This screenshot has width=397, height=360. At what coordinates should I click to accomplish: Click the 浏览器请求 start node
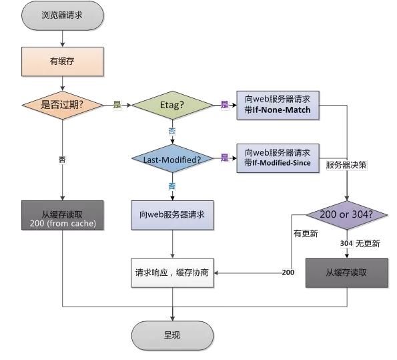coord(63,15)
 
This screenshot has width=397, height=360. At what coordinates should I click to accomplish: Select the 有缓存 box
coord(63,61)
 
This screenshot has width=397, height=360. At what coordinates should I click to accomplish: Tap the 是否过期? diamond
coord(63,105)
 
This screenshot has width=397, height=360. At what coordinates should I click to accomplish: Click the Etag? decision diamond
coord(172,105)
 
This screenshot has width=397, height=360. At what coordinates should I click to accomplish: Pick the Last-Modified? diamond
coord(172,159)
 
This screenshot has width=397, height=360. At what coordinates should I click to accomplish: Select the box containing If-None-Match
coord(278,106)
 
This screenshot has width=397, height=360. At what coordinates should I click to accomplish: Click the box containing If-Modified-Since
coord(278,158)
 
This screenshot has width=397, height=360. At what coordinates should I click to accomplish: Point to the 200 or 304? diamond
coord(347,215)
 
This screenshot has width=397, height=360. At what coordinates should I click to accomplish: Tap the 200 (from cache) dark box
coord(63,216)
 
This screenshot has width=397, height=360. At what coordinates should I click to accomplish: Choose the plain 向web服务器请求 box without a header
coord(172,216)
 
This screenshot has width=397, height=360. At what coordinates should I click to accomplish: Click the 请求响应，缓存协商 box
coord(172,273)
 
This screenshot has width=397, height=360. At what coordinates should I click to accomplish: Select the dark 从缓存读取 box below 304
coord(347,273)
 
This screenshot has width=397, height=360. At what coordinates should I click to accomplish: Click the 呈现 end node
coord(172,336)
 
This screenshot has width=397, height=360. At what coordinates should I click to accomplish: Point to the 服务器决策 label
coord(346,165)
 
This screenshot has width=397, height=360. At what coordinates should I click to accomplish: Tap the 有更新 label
coord(306,234)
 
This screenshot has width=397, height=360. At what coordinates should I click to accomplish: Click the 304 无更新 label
coord(360,244)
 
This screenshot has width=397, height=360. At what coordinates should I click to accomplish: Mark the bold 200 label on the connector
coord(288,273)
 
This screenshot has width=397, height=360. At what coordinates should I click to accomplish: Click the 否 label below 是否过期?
coord(62,160)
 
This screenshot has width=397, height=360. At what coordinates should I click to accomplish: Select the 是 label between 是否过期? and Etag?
coord(117,104)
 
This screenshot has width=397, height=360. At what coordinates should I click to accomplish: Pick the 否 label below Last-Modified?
coord(172,186)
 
